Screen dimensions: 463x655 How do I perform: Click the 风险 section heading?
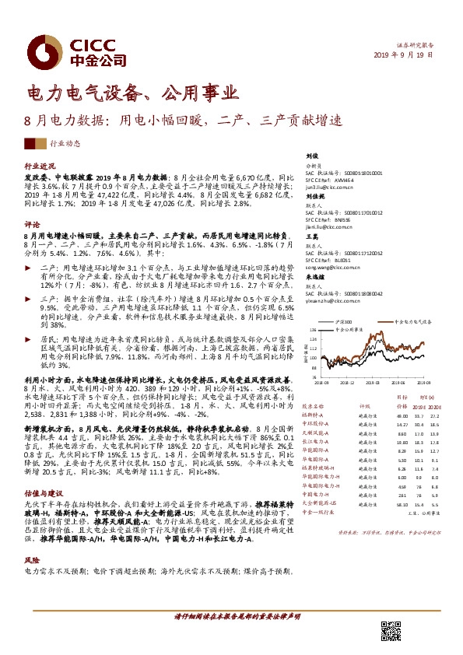(33, 538)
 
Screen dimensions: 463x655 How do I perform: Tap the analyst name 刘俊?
(311, 156)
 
